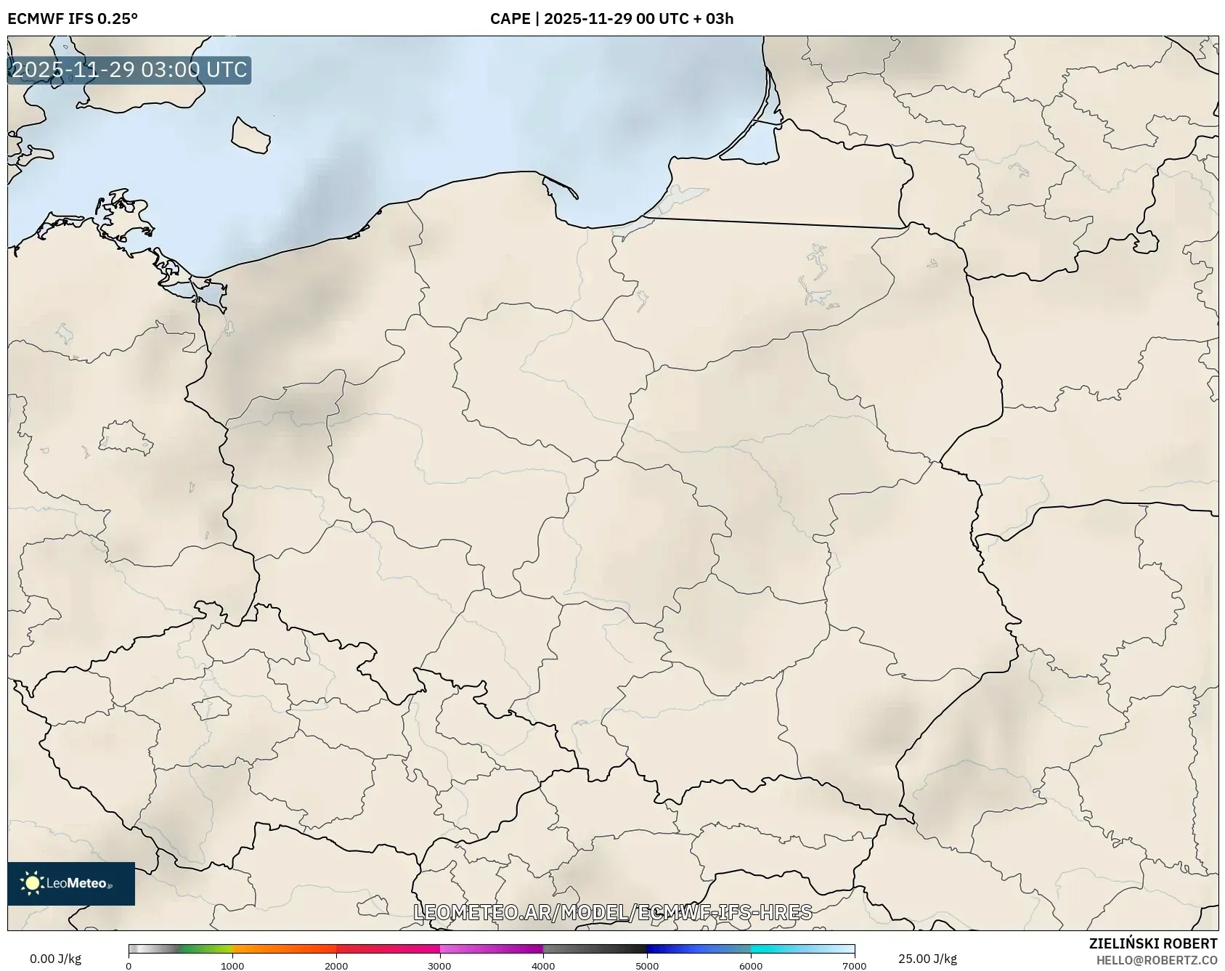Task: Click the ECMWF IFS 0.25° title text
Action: pyautogui.click(x=73, y=19)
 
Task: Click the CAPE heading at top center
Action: pyautogui.click(x=611, y=19)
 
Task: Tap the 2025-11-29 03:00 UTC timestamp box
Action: pyautogui.click(x=129, y=70)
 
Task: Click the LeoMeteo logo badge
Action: pyautogui.click(x=71, y=883)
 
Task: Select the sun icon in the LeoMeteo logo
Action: pyautogui.click(x=32, y=883)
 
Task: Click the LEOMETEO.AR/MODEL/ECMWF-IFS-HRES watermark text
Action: pyautogui.click(x=612, y=912)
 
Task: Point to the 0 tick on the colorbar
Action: pyautogui.click(x=129, y=966)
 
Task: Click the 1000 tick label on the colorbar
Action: pyautogui.click(x=232, y=966)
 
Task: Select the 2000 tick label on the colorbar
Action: pyautogui.click(x=336, y=966)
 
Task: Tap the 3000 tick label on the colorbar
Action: pyautogui.click(x=440, y=966)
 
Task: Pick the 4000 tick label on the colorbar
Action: pyautogui.click(x=543, y=966)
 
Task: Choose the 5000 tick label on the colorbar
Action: pyautogui.click(x=647, y=966)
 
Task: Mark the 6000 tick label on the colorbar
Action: pyautogui.click(x=751, y=966)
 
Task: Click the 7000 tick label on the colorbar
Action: pyautogui.click(x=855, y=966)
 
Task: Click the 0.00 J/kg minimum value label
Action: pyautogui.click(x=55, y=959)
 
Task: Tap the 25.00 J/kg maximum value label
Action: pyautogui.click(x=927, y=959)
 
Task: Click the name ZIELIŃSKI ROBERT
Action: pyautogui.click(x=1153, y=943)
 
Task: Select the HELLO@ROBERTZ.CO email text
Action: pyautogui.click(x=1157, y=960)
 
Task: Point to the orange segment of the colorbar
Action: pyautogui.click(x=283, y=948)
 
